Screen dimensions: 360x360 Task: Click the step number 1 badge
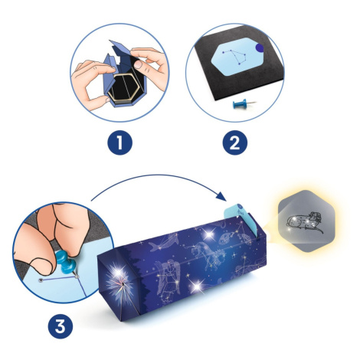119,142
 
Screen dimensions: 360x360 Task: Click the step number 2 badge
235,142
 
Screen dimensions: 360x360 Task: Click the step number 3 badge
61,326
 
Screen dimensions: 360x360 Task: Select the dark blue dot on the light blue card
260,47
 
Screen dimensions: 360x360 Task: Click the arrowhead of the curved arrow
221,196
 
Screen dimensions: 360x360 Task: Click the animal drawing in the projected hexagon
305,221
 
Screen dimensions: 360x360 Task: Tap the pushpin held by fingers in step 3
66,263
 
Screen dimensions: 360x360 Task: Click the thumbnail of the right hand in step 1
138,64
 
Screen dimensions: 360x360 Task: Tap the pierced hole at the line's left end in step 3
41,280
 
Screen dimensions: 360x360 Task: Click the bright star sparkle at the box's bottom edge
197,286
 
